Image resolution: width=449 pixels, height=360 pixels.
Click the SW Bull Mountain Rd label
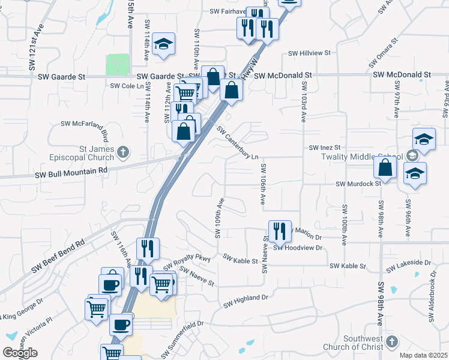point(71,170)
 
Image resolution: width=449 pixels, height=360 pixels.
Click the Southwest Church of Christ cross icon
point(391,341)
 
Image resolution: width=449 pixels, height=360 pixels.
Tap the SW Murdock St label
point(358,184)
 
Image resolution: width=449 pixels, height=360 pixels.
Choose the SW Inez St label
point(325,148)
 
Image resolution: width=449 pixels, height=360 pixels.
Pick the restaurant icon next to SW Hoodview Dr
point(279,230)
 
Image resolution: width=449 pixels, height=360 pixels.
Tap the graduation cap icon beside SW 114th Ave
point(163,44)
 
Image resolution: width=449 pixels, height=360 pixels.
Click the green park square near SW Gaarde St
point(118,64)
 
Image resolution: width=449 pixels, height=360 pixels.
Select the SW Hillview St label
point(310,53)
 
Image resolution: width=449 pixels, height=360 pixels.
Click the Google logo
point(20,353)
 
